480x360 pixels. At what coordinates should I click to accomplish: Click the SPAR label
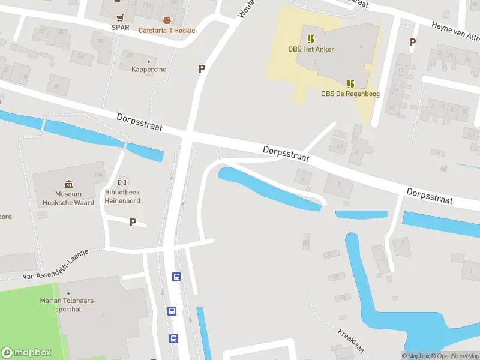click(x=121, y=27)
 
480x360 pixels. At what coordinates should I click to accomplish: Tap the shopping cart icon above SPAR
click(x=121, y=17)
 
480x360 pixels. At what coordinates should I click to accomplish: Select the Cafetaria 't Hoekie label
click(x=167, y=31)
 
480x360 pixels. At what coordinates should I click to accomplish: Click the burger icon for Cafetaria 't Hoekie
click(x=167, y=20)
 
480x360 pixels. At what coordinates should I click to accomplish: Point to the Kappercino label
click(x=149, y=70)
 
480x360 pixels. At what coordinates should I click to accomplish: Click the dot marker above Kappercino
click(x=149, y=61)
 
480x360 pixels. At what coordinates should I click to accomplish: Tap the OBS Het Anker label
click(x=311, y=49)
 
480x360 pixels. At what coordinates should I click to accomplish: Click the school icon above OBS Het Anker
click(x=311, y=39)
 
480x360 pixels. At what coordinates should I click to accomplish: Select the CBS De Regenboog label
click(x=350, y=94)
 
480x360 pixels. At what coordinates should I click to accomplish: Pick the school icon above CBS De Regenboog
click(x=350, y=84)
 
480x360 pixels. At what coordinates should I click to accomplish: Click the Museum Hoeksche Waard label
click(x=68, y=198)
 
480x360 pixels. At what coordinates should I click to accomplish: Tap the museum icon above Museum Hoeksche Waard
click(x=68, y=184)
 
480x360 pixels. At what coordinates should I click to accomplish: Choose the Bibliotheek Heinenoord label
click(x=122, y=196)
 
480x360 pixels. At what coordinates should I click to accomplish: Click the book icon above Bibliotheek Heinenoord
click(x=122, y=182)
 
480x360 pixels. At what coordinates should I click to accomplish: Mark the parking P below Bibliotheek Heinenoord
click(x=133, y=223)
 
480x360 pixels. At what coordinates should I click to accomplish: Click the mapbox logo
click(x=26, y=353)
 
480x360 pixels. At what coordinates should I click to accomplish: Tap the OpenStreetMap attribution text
click(x=454, y=356)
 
